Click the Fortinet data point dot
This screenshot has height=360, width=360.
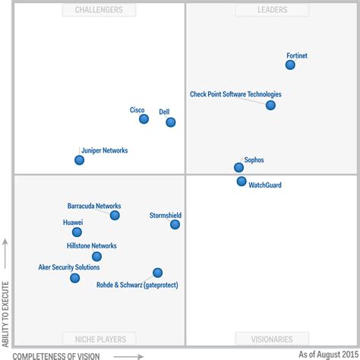290,65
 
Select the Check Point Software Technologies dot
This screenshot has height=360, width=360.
270,106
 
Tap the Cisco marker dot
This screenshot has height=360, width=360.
142,119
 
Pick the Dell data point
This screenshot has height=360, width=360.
170,122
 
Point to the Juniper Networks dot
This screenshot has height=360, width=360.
79,160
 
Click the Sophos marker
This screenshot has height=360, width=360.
238,168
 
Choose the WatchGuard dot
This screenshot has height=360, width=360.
242,182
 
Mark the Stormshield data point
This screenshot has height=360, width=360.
175,225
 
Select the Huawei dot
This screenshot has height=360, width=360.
77,232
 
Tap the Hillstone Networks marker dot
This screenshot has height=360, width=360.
96,257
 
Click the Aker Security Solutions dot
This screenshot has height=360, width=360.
74,279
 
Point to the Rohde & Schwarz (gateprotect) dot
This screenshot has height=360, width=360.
157,273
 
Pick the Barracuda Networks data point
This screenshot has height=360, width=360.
115,216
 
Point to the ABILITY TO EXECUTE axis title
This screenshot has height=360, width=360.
6,304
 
